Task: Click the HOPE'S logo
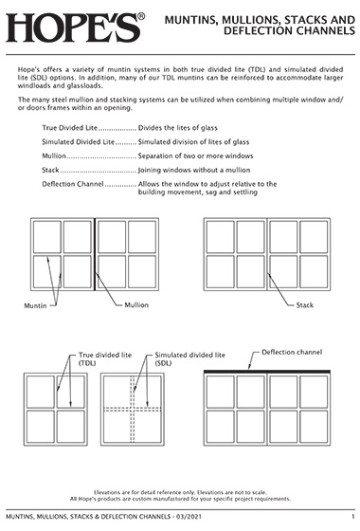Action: (x=73, y=27)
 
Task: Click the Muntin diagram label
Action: (x=35, y=305)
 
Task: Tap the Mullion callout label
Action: (x=136, y=305)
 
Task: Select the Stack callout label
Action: (x=304, y=305)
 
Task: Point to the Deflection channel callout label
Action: (x=292, y=352)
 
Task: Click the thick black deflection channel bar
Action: (x=267, y=372)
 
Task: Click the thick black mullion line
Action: (x=95, y=254)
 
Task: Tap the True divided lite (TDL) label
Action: (x=105, y=359)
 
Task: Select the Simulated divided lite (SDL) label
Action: (x=189, y=359)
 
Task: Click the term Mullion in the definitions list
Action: (x=54, y=156)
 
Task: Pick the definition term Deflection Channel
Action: (x=73, y=184)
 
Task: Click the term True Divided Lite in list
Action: (x=70, y=128)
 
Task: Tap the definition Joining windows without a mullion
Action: (x=194, y=170)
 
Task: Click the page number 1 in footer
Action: (x=352, y=517)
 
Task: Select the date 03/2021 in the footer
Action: (x=189, y=517)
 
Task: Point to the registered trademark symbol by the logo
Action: (x=141, y=16)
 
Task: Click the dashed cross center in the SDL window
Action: (x=133, y=409)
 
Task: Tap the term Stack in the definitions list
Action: (x=50, y=170)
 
